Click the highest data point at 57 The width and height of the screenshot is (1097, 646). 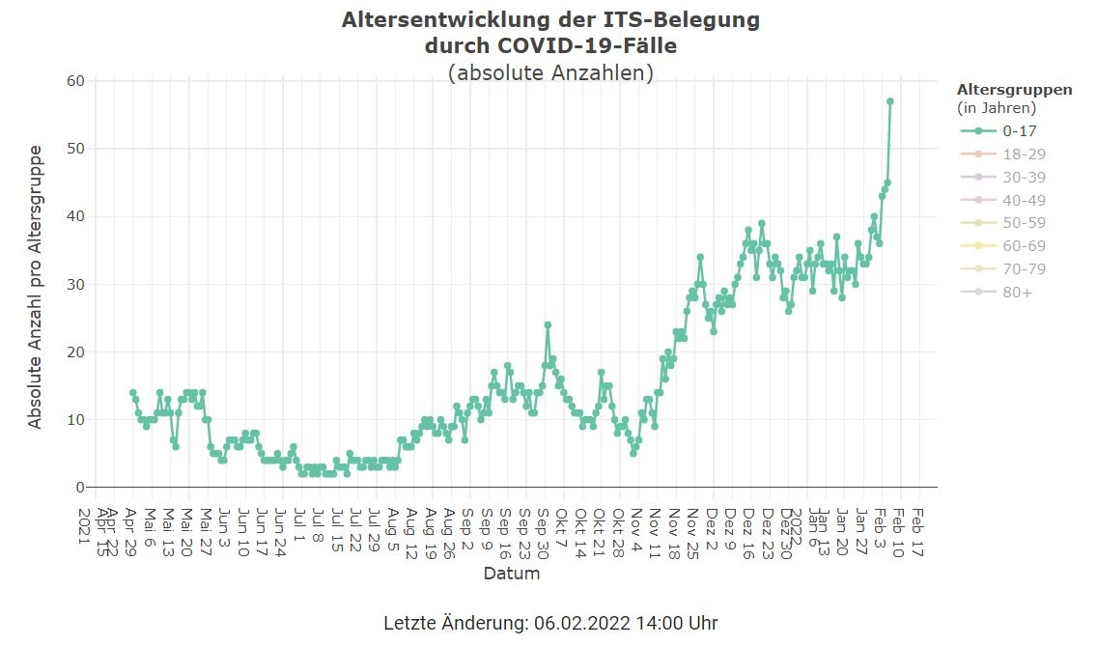[x=890, y=101]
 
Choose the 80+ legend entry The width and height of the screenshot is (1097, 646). [x=1017, y=292]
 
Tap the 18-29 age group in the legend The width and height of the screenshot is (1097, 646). [x=1024, y=154]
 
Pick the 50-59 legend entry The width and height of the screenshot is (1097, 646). [x=1024, y=223]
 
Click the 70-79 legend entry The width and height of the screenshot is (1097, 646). [x=1024, y=268]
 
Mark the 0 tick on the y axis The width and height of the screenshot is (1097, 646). [x=81, y=488]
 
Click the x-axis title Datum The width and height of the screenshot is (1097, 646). [x=512, y=574]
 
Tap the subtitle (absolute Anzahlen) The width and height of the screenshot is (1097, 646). [x=550, y=72]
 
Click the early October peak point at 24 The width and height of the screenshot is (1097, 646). [x=548, y=324]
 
